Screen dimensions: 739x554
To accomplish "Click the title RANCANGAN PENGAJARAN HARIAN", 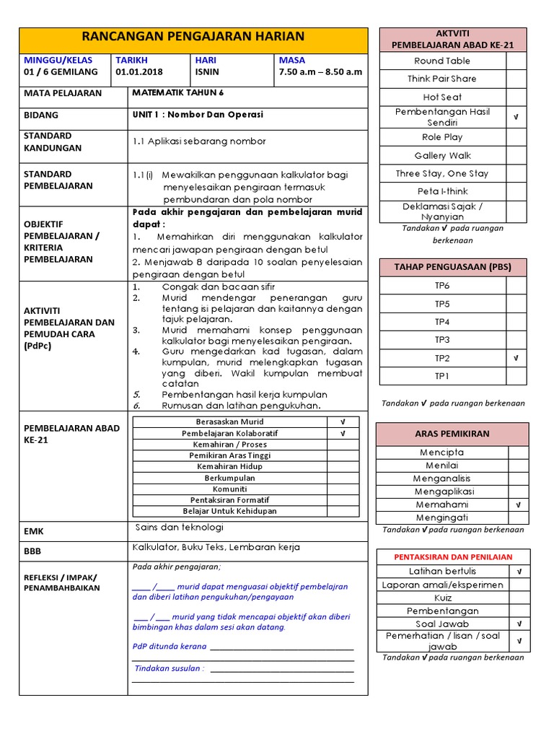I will pyautogui.click(x=193, y=36).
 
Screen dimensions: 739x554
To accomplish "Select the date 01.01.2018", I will pyautogui.click(x=138, y=72).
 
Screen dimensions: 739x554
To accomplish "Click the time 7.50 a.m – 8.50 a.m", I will pyautogui.click(x=320, y=72).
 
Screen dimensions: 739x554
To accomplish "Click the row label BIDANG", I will pyautogui.click(x=41, y=115).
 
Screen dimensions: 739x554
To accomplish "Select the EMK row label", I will pyautogui.click(x=34, y=531).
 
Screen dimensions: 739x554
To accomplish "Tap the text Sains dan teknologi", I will pyautogui.click(x=180, y=528).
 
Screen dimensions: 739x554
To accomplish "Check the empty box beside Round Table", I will pyautogui.click(x=516, y=61).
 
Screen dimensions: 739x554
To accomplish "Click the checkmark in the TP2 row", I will pyautogui.click(x=516, y=358).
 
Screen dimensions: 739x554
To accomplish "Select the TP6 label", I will pyautogui.click(x=442, y=286).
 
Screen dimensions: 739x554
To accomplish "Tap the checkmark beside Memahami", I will pyautogui.click(x=518, y=505).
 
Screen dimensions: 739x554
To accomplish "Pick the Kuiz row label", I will pyautogui.click(x=442, y=598).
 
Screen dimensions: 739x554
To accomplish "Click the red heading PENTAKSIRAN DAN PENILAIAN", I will pyautogui.click(x=453, y=557).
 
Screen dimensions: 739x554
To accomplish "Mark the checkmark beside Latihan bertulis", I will pyautogui.click(x=519, y=572).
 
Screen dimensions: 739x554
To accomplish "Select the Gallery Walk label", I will pyautogui.click(x=442, y=155).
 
